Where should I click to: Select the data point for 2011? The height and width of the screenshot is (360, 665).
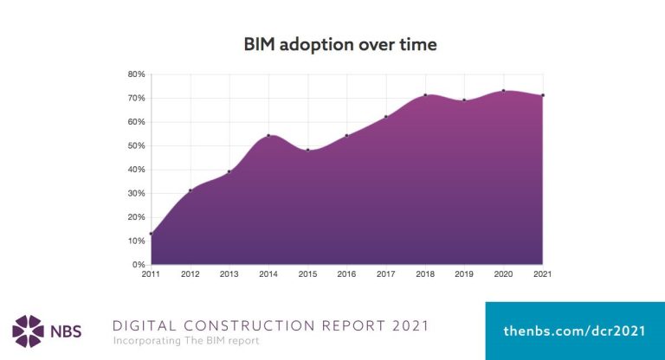tap(151, 234)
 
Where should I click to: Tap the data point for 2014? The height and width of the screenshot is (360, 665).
tap(268, 135)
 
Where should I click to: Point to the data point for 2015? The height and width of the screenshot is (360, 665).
tap(307, 150)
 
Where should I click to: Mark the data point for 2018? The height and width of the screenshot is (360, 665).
tap(425, 95)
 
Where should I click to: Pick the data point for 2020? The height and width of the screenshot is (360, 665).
tap(503, 90)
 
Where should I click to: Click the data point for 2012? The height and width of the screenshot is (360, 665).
tap(190, 190)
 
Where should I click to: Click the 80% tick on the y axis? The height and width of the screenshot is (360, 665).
tap(136, 74)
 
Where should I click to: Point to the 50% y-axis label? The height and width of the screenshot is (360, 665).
tap(136, 145)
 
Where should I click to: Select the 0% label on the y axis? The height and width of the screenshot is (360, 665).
tap(139, 264)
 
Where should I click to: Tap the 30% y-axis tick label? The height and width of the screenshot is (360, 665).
tap(136, 193)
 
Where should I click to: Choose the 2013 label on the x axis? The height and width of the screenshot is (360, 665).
tap(229, 274)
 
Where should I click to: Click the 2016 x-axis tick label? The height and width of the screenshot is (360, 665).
tap(346, 274)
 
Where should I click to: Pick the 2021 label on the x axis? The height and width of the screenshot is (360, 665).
tap(542, 274)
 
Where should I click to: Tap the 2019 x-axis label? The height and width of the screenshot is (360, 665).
tap(464, 274)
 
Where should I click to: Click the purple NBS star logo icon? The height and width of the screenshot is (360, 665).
tap(28, 331)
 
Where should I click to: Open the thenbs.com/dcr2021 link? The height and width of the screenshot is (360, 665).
tap(574, 331)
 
